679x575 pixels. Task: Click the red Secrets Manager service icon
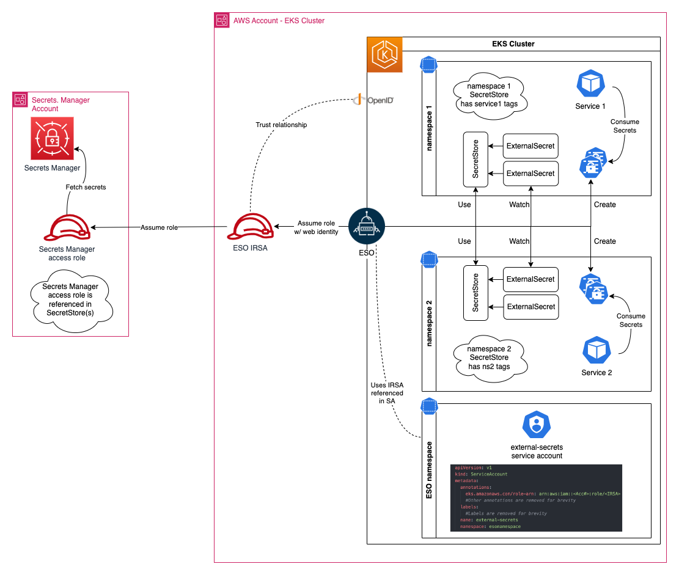click(52, 139)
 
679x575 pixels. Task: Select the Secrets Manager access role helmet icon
click(67, 228)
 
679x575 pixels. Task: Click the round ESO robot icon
click(366, 227)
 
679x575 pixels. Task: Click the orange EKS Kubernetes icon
click(384, 54)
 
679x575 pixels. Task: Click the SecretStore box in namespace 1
click(475, 159)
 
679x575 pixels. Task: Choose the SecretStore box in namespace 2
click(475, 293)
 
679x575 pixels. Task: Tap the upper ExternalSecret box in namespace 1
click(530, 146)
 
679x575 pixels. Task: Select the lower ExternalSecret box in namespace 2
click(530, 307)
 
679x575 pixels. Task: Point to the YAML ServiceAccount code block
click(536, 497)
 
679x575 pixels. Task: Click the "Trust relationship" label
click(281, 125)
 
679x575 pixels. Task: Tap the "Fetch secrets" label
click(86, 187)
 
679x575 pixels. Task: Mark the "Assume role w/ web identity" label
click(317, 227)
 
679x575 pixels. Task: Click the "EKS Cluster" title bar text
click(513, 44)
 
